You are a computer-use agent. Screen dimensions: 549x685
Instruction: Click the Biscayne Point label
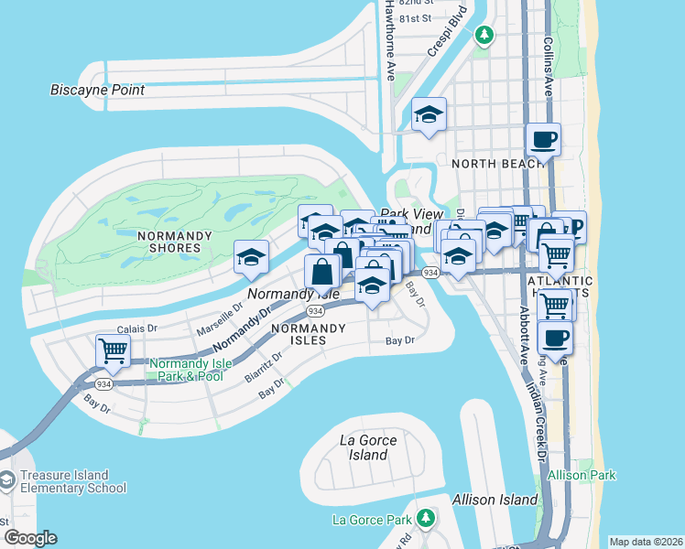(98, 90)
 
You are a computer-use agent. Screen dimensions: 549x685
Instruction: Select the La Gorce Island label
(367, 447)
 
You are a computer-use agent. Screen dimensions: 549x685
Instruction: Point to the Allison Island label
(495, 500)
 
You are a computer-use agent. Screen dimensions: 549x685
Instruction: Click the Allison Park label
(582, 475)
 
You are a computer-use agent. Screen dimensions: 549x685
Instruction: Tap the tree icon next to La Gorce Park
(424, 519)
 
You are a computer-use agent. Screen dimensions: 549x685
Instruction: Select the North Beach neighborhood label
(492, 163)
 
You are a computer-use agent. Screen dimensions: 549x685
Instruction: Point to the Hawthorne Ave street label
(389, 40)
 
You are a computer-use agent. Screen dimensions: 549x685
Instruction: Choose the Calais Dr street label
(137, 328)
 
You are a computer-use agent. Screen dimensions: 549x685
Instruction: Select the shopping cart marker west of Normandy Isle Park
(113, 350)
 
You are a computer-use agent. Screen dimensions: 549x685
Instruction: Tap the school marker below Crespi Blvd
(429, 115)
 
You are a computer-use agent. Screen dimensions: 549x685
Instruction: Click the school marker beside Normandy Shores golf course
(251, 257)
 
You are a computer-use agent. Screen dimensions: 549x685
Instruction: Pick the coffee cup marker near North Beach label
(543, 140)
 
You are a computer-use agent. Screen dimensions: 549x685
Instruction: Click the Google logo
(30, 538)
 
